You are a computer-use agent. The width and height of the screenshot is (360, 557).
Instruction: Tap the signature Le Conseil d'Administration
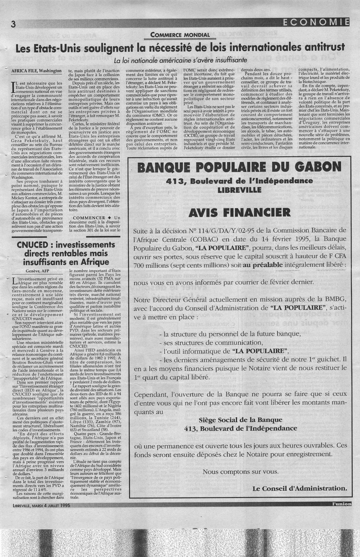[x=300, y=488]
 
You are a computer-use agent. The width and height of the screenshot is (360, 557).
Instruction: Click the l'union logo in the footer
[x=341, y=503]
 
